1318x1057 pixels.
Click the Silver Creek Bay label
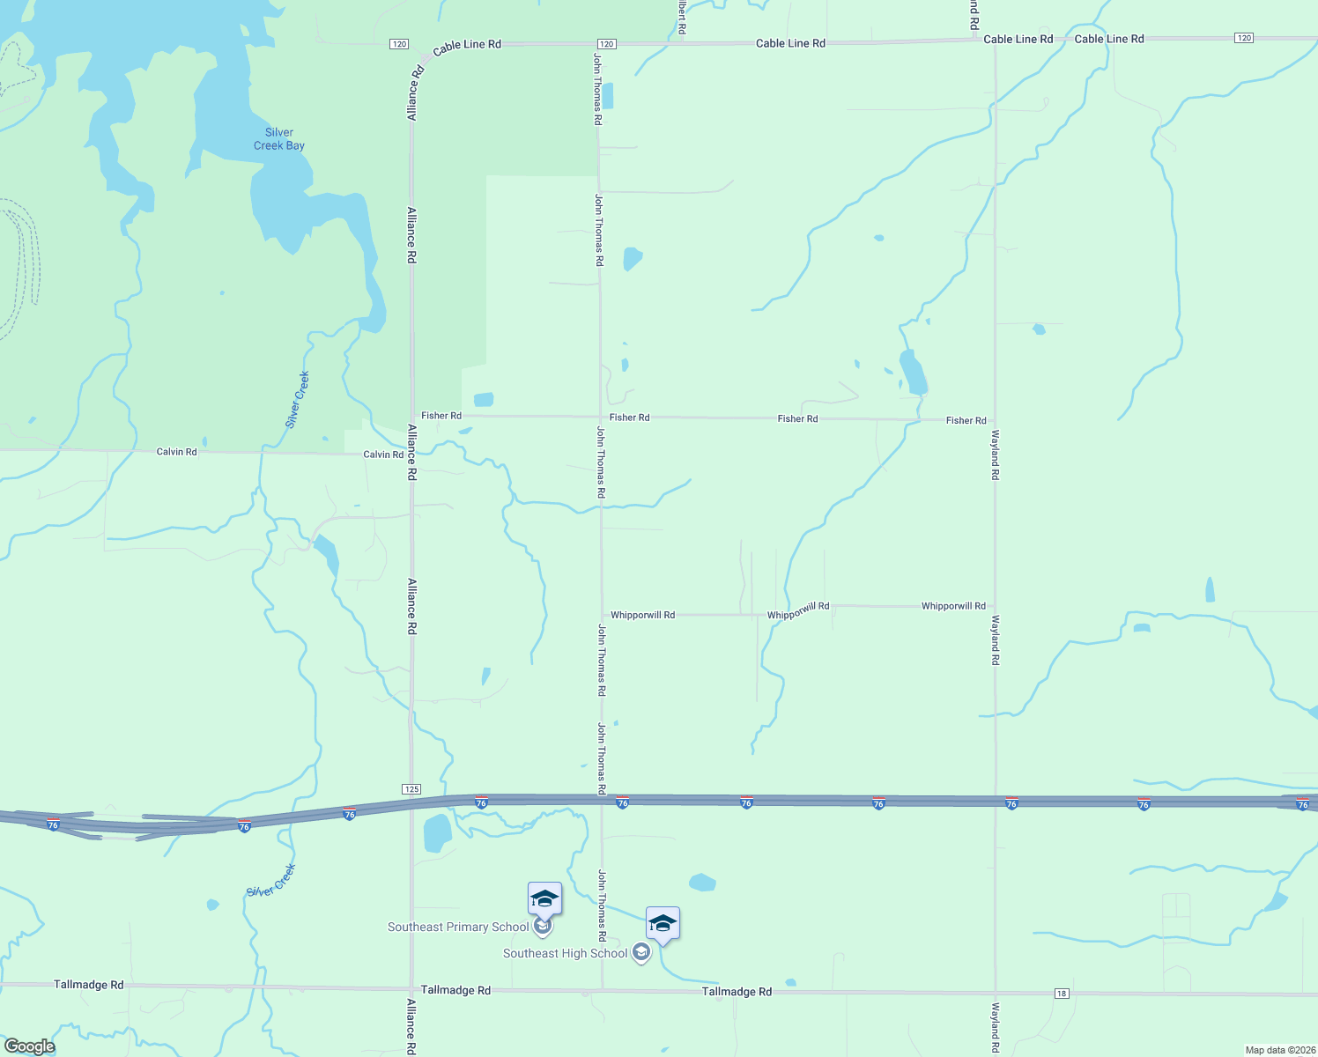click(279, 139)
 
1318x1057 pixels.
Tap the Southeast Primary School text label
click(458, 927)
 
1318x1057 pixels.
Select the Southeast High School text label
click(565, 953)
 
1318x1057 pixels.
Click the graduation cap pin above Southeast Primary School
click(544, 898)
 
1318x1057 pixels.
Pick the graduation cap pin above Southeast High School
click(663, 923)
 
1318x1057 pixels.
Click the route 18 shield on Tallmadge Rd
click(1062, 994)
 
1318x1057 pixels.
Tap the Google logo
click(29, 1046)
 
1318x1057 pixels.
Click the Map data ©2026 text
click(1279, 1050)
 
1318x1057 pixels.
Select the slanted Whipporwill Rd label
click(798, 610)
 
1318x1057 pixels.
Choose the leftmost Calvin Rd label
click(176, 452)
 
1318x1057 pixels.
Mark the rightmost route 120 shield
click(1243, 38)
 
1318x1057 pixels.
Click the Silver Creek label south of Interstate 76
click(271, 881)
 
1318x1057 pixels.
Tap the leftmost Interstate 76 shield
click(53, 824)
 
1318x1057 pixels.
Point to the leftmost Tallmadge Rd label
click(89, 985)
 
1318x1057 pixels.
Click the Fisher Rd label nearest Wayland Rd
click(966, 420)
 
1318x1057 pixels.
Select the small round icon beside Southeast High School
click(641, 952)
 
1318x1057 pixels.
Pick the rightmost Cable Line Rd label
click(1109, 39)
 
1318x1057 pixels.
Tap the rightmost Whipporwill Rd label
click(953, 606)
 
